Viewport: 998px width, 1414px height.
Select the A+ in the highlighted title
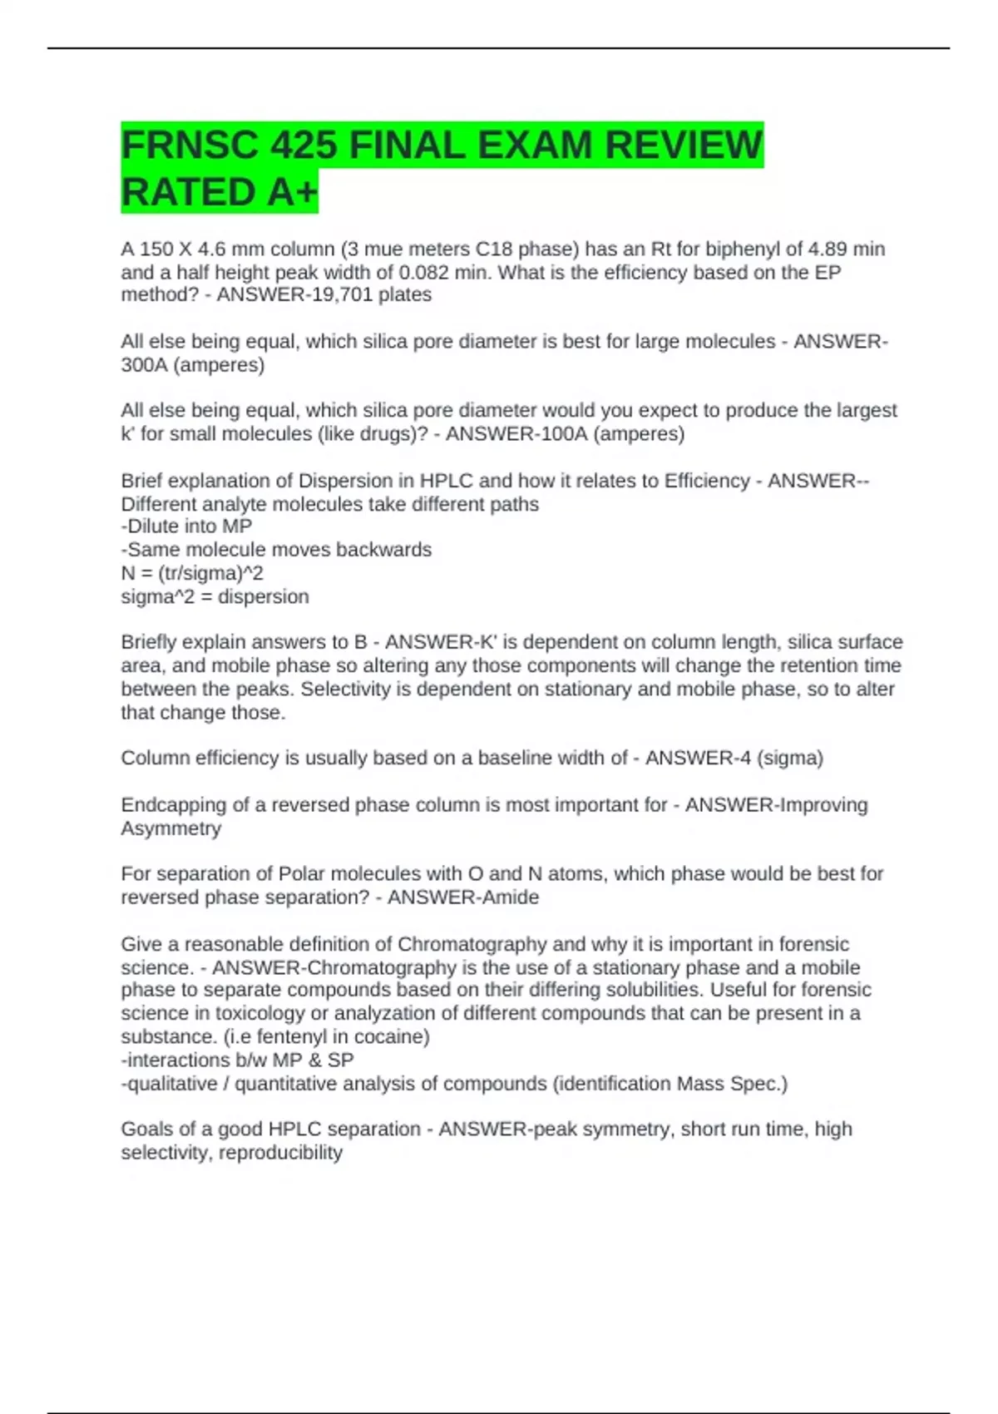pyautogui.click(x=293, y=193)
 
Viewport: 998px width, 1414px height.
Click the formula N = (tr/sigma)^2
pyautogui.click(x=192, y=573)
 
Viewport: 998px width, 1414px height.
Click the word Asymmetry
pyautogui.click(x=171, y=828)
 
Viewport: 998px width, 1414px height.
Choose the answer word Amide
pyautogui.click(x=511, y=897)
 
